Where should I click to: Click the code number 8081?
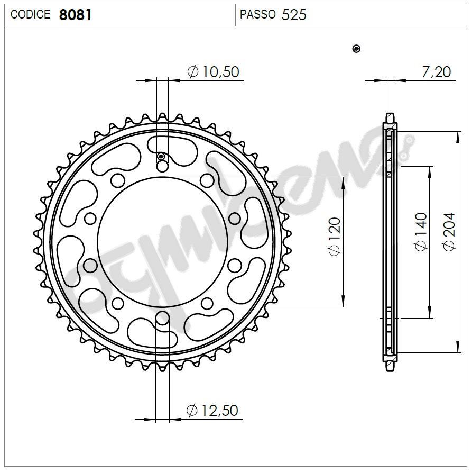76,15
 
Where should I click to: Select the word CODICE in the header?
31,15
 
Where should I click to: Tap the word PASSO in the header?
257,15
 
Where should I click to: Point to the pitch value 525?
294,15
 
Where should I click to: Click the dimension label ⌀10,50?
214,71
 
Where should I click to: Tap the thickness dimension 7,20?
436,71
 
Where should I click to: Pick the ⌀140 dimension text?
421,231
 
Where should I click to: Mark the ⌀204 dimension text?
449,231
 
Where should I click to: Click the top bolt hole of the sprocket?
162,166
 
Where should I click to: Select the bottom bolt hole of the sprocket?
162,317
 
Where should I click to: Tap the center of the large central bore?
162,242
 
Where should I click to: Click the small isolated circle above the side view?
356,49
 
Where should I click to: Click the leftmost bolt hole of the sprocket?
91,264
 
